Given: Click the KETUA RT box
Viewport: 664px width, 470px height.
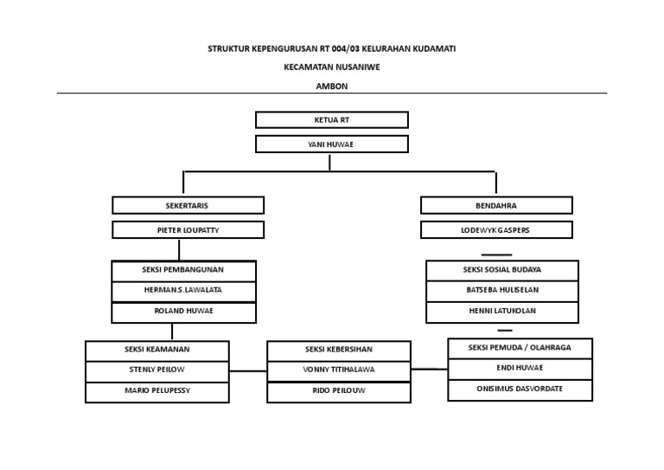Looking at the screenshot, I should point(332,119).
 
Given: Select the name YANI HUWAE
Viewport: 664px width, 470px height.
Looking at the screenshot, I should point(332,144).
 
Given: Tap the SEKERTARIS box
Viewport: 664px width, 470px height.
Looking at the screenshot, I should point(188,205).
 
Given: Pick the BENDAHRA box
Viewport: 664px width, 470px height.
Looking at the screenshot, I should point(496,205).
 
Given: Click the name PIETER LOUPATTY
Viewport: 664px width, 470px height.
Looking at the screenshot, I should point(188,230).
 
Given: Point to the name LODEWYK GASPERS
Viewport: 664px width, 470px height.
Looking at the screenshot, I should point(496,230).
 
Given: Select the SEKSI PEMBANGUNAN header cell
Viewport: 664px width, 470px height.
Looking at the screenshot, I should point(183,271).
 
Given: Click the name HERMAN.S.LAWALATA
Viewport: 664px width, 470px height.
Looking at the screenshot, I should point(183,292).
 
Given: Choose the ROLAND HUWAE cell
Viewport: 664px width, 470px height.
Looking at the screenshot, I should point(183,312).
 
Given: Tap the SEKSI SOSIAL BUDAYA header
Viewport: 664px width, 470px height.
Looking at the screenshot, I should point(502,271).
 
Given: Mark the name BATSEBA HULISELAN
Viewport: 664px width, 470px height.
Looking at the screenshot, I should point(502,292).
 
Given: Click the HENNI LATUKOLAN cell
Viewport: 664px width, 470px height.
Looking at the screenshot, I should point(502,312).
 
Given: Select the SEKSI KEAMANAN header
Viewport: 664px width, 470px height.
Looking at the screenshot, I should point(157,350).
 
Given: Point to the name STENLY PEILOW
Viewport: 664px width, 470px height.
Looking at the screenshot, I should point(157,370).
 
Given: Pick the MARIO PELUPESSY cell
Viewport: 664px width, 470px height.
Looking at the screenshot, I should point(157,391).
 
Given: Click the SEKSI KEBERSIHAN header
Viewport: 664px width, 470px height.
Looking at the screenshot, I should point(339,350).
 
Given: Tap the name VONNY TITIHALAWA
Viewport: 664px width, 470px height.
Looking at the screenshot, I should point(339,370).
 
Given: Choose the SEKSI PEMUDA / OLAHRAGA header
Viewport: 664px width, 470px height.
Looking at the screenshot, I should point(520,348).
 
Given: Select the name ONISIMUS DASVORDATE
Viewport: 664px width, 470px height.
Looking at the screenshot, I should point(520,390).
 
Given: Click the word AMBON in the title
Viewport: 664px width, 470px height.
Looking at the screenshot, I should point(332,85).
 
